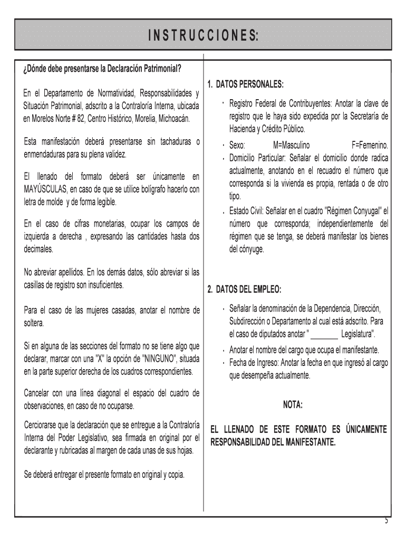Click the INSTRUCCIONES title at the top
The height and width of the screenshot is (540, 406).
[203, 35]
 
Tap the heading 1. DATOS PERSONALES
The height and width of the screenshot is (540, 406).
[245, 84]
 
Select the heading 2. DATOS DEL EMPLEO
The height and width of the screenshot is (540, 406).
[244, 290]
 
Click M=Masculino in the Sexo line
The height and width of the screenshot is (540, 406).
[292, 145]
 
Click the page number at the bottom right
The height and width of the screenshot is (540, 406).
[386, 521]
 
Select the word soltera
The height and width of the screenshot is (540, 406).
[34, 323]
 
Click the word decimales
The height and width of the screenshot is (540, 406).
[38, 248]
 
